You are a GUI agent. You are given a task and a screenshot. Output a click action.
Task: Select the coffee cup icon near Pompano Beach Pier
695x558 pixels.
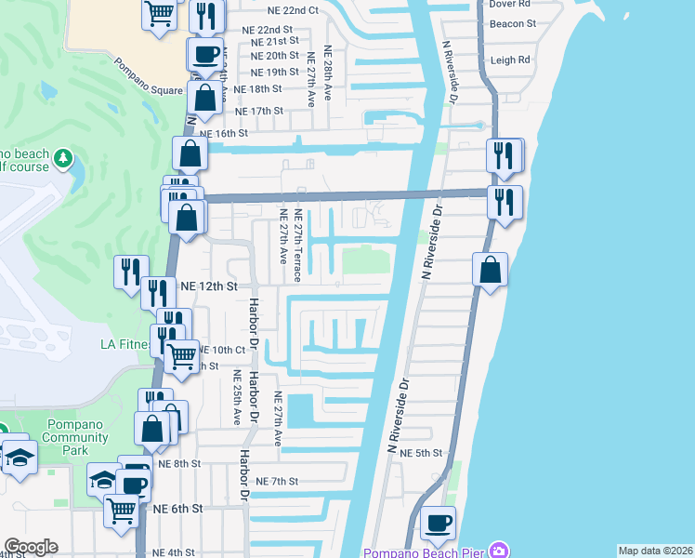click(438, 523)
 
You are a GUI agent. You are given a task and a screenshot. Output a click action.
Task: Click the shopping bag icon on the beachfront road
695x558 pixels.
click(491, 271)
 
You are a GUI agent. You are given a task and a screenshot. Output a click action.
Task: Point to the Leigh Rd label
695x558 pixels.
click(510, 60)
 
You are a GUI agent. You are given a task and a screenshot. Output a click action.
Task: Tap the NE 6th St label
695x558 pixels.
click(178, 509)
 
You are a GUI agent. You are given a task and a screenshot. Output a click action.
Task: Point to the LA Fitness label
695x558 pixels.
click(125, 345)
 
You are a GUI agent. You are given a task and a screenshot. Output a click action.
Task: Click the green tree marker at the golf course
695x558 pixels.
click(63, 158)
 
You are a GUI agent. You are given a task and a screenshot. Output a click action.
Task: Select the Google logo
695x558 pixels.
click(32, 547)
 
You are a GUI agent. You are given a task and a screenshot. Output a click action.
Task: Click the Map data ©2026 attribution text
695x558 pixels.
click(655, 551)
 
